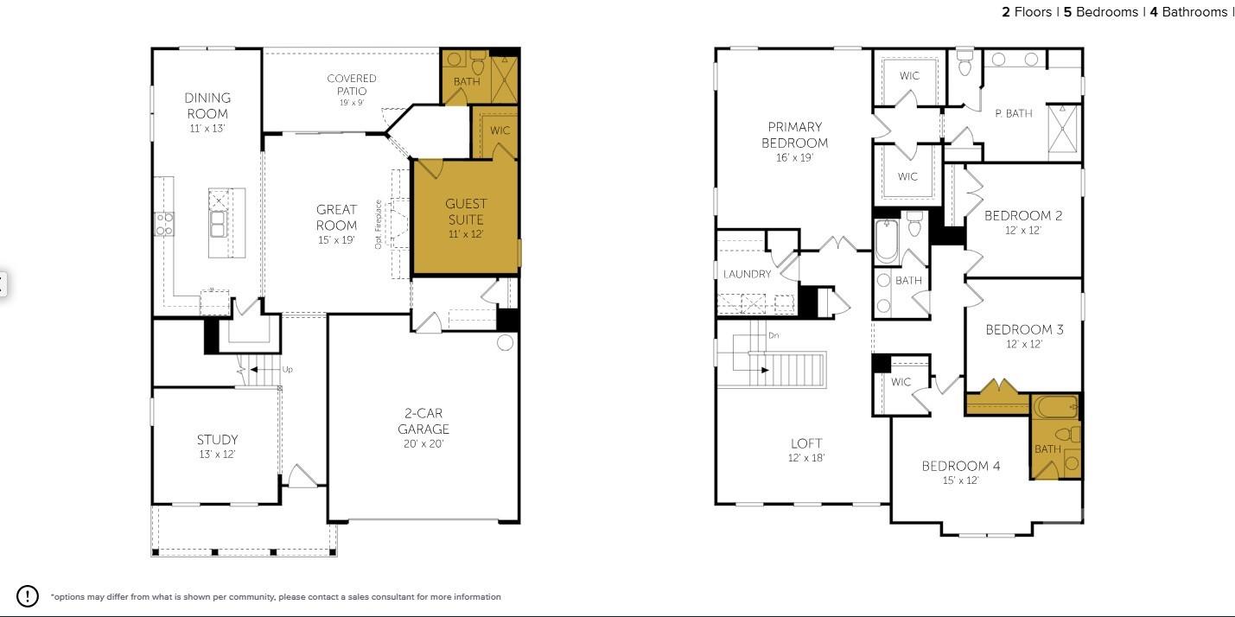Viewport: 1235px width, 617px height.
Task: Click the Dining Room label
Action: point(207,105)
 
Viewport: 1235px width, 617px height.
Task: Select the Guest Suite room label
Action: point(466,212)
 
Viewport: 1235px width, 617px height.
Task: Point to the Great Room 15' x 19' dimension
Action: point(336,240)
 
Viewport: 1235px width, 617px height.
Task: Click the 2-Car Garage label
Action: point(423,421)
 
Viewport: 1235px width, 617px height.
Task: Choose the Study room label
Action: point(217,440)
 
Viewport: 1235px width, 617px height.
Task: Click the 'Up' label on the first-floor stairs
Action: point(288,369)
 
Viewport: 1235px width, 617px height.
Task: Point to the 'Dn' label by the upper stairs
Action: point(773,334)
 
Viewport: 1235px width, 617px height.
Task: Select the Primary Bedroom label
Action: point(794,135)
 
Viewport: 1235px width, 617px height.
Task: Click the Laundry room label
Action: point(747,274)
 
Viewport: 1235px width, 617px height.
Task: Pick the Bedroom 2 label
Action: point(1023,216)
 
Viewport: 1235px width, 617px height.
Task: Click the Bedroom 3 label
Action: point(1024,329)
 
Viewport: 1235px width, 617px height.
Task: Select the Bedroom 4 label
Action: point(960,466)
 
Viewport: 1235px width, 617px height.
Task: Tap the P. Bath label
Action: point(1013,113)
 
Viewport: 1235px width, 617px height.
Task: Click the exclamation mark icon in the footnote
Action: point(28,595)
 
